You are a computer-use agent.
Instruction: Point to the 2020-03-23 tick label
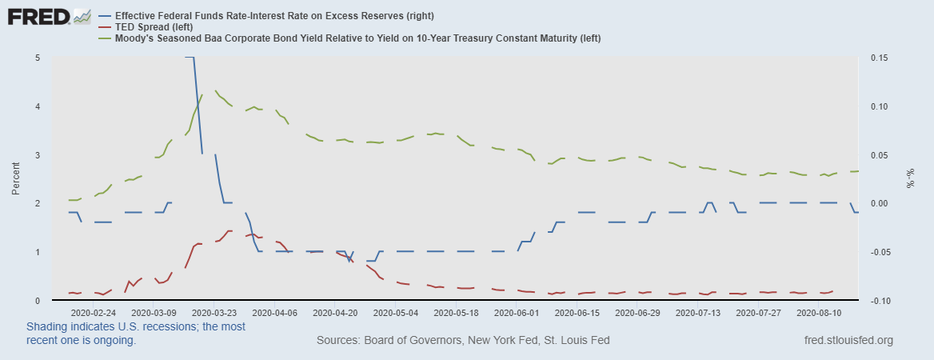[x=214, y=313]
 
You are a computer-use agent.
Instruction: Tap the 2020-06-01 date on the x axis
[x=517, y=313]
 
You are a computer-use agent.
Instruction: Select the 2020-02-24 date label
[x=93, y=313]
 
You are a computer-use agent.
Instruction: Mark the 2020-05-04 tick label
[x=396, y=313]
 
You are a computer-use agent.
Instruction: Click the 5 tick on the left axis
[x=38, y=58]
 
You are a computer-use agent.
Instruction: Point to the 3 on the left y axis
[x=38, y=155]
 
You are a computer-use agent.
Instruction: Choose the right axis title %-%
[x=910, y=179]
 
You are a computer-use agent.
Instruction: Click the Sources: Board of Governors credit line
[x=463, y=341]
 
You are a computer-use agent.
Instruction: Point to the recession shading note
[x=136, y=334]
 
